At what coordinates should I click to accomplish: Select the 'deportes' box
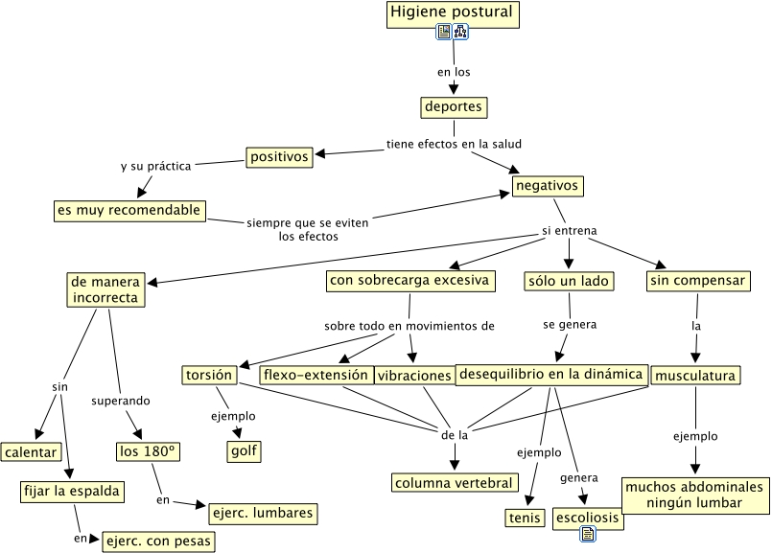tap(453, 106)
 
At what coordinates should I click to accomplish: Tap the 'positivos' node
tap(279, 155)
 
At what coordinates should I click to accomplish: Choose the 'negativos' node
tap(547, 185)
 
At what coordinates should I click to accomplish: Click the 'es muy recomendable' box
tap(129, 210)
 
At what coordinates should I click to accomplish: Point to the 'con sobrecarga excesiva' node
tap(410, 281)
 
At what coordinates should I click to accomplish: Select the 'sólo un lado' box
tap(570, 281)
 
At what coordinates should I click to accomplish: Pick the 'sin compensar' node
tap(697, 281)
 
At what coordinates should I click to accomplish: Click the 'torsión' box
tap(208, 374)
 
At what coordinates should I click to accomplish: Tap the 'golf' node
tap(244, 450)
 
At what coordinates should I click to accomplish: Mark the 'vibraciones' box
tap(414, 376)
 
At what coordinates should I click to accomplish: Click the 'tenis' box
tap(525, 518)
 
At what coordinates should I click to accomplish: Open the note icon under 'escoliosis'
tap(588, 535)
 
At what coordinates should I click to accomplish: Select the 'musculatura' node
tap(695, 376)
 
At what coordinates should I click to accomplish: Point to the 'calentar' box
tap(31, 451)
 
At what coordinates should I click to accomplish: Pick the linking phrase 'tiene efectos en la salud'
tap(454, 144)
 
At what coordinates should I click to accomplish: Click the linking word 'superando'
tap(121, 400)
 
